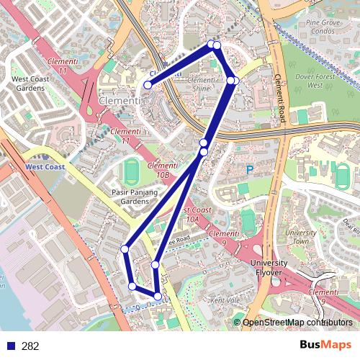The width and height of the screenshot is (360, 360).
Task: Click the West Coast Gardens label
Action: tap(27, 84)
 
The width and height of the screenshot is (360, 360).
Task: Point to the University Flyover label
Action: tap(271, 268)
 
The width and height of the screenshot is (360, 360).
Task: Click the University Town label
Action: tap(302, 237)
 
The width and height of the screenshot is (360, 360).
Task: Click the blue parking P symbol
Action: tap(250, 171)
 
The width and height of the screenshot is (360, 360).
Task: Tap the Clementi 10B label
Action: tap(161, 171)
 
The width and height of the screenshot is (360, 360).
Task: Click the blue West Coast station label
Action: tap(44, 166)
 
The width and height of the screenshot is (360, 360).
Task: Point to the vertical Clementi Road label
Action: tap(281, 86)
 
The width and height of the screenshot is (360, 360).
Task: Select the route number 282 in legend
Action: tap(30, 346)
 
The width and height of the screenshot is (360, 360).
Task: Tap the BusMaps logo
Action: tap(326, 346)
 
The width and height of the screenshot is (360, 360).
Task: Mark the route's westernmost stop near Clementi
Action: tap(148, 85)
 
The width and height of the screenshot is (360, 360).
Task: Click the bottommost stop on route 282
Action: tap(158, 296)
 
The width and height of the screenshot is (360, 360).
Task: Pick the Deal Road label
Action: tap(352, 225)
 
